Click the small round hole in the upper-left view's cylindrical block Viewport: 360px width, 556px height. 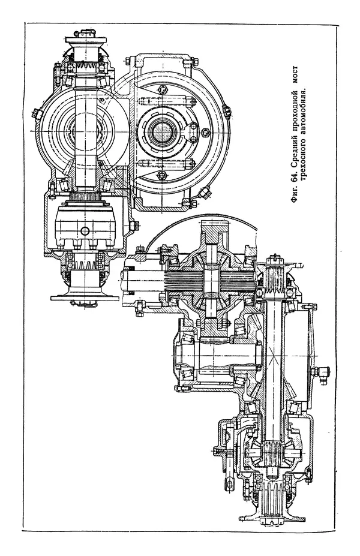click(85, 231)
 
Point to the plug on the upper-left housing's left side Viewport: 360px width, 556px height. click(37, 112)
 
